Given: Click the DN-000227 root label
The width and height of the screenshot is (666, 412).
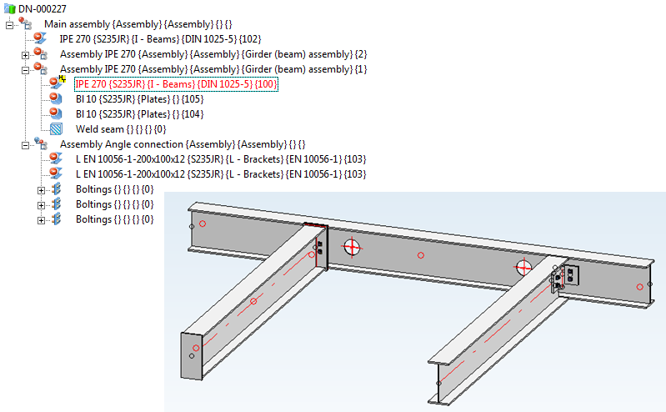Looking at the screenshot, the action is tap(42, 8).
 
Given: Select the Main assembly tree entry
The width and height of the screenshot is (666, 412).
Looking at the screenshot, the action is tap(138, 24).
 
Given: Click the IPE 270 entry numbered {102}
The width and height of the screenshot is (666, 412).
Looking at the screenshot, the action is tap(160, 39).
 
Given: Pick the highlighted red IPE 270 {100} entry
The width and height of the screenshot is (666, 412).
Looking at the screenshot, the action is tap(176, 84).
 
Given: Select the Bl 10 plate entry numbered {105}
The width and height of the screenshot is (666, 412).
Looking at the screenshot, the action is tap(139, 99).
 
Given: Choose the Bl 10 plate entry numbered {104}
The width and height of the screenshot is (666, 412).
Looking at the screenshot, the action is tap(139, 114).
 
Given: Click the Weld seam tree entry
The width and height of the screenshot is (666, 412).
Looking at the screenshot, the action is tap(121, 129).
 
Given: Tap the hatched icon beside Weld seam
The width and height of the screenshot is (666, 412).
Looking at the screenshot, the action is tap(56, 128).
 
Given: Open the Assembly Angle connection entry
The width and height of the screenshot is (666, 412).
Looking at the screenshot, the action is tap(183, 144).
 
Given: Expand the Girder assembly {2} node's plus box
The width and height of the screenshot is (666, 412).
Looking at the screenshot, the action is tap(26, 55).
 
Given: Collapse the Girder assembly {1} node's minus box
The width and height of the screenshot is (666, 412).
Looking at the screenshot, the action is tap(26, 70).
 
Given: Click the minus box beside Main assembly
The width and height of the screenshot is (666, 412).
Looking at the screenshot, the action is tap(10, 25).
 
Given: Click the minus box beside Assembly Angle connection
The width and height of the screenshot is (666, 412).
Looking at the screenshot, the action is tap(26, 145).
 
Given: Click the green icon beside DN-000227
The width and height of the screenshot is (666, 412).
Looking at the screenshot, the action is tap(9, 8).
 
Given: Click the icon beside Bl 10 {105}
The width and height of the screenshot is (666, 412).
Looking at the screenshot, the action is tap(56, 99).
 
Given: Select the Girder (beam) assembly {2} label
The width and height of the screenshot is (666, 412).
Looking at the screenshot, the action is tap(213, 54).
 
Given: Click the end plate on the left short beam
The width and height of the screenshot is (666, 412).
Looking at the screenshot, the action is tap(192, 356).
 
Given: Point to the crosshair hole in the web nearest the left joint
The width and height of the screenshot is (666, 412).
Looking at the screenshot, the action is tap(352, 247).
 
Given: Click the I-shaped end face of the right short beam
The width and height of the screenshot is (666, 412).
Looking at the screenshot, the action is tap(438, 383).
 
